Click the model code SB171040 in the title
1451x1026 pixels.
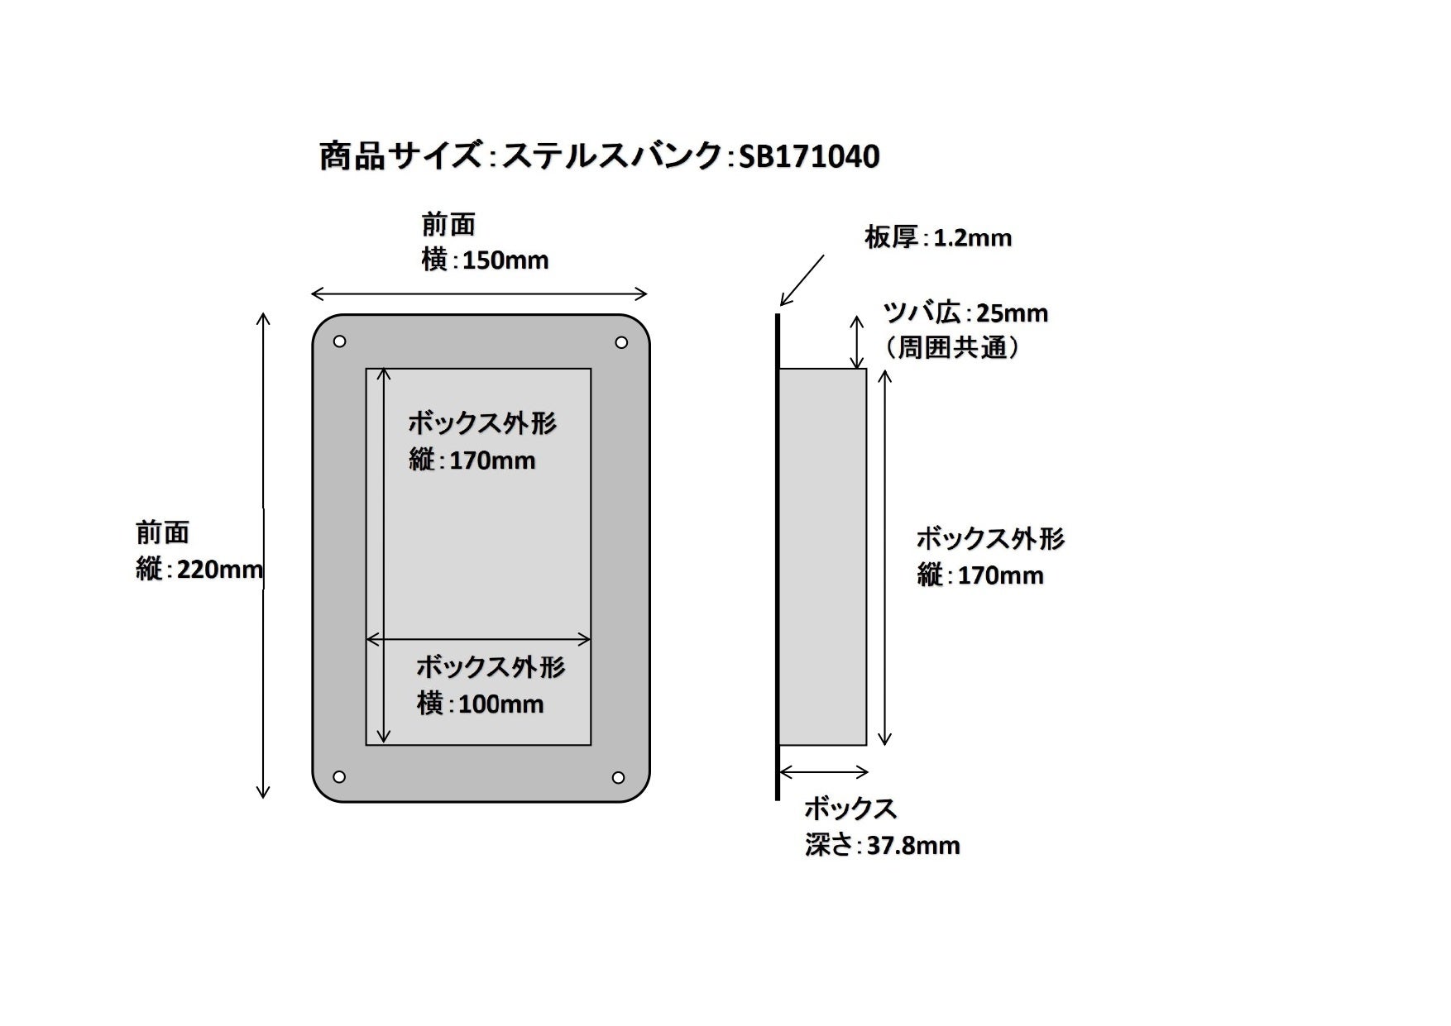[x=808, y=156]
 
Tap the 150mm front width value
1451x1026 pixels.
[x=505, y=260]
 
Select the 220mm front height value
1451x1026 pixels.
[x=220, y=569]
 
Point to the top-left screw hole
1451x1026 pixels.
[x=339, y=341]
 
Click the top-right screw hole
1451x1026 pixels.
[x=621, y=341]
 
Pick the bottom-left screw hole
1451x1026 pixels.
[x=338, y=776]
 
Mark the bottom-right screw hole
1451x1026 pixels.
[x=618, y=776]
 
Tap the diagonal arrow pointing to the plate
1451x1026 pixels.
[x=802, y=280]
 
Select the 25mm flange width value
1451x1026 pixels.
[x=1012, y=313]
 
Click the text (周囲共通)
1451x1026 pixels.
[x=952, y=347]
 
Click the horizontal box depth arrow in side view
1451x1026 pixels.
[x=823, y=772]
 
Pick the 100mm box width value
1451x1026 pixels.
[x=500, y=704]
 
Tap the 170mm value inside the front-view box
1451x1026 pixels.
[x=492, y=460]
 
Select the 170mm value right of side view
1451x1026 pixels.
[x=1000, y=575]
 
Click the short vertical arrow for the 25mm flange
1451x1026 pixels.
[x=858, y=341]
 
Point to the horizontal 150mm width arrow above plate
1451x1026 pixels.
[x=479, y=293]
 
